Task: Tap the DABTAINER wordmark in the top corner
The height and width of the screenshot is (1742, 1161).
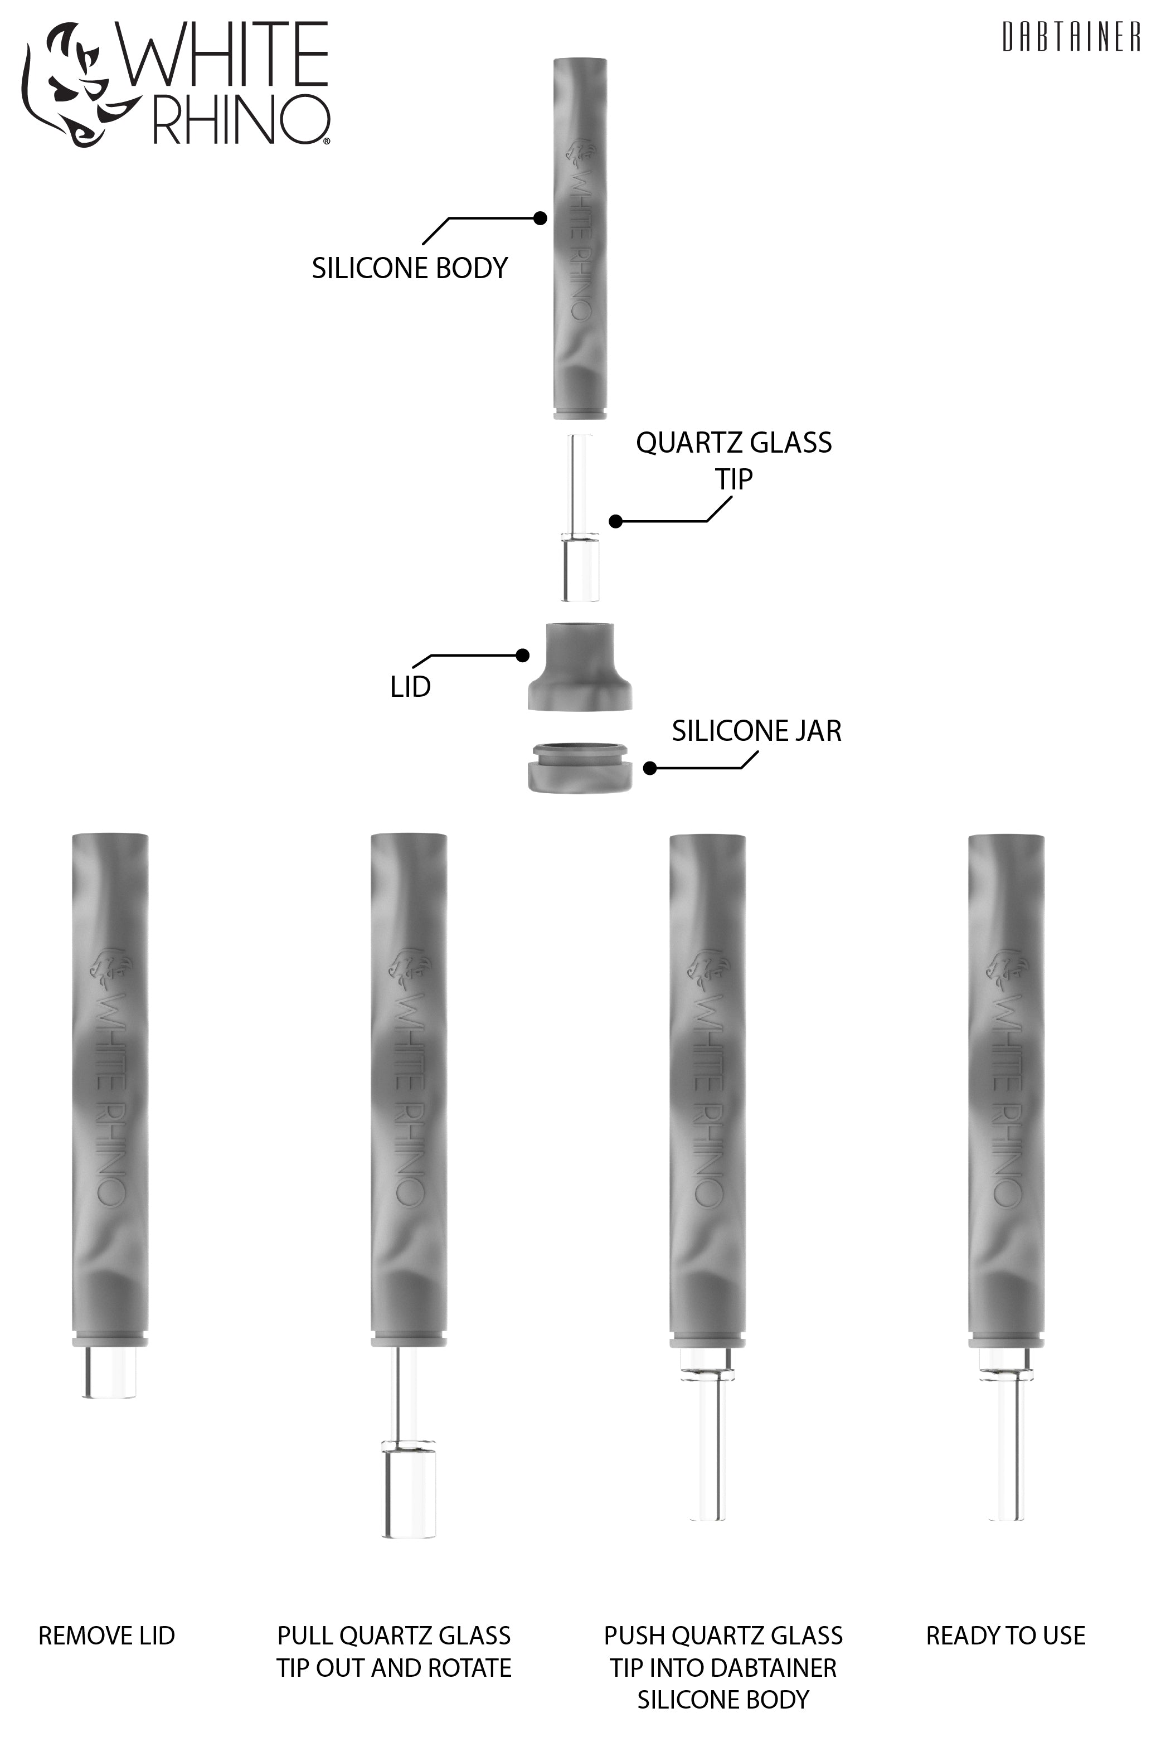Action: [x=1071, y=37]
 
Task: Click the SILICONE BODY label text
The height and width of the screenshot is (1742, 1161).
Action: [x=410, y=268]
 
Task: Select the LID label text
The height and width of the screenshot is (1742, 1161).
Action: [x=410, y=687]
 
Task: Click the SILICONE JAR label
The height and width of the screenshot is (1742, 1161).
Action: [x=756, y=731]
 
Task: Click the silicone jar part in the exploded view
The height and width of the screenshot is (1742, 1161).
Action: [x=580, y=768]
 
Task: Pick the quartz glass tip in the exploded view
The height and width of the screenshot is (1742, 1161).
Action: [x=580, y=518]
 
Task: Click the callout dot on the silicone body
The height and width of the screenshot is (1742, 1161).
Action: [x=541, y=217]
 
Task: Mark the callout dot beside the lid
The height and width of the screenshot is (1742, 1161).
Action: [x=523, y=655]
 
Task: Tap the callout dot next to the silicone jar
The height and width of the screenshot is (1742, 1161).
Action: [x=650, y=769]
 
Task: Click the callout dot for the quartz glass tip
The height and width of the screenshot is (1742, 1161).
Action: [x=615, y=521]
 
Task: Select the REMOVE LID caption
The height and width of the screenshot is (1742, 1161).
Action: [x=106, y=1636]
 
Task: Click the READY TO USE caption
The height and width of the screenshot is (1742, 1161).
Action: [x=1005, y=1636]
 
